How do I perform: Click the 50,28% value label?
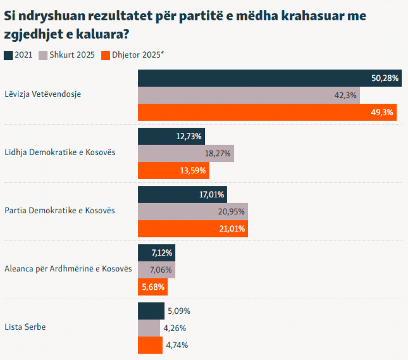pos(385,78)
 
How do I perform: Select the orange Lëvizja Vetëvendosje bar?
pos(267,112)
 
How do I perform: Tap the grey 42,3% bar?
pos(249,95)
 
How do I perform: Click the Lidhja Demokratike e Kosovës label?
pos(60,152)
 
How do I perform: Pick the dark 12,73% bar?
pos(171,136)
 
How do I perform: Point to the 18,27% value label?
pos(218,154)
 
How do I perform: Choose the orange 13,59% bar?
pos(174,170)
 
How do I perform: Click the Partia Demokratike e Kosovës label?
pos(59,210)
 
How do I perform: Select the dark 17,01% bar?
pos(182,195)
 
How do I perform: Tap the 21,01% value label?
pos(232,229)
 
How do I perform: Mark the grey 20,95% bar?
pos(193,212)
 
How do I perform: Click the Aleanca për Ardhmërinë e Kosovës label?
pos(68,268)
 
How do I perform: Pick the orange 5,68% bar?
pos(153,287)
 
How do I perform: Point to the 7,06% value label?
pos(160,270)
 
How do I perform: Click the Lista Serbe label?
pos(25,327)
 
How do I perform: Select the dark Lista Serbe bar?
pos(151,311)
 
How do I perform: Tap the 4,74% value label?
pos(177,345)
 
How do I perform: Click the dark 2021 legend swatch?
pos(8,55)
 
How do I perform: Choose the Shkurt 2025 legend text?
pos(72,55)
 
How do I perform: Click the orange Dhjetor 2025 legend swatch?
pos(105,55)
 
